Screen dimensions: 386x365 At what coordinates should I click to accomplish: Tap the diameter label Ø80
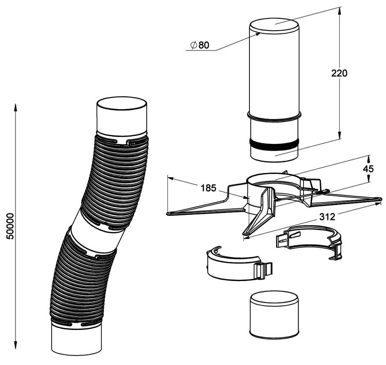200,45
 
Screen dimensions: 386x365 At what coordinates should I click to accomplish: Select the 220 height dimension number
339,73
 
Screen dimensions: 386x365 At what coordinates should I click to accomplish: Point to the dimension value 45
368,169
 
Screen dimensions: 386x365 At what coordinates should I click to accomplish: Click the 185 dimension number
208,188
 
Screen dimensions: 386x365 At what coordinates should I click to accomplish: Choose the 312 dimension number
327,216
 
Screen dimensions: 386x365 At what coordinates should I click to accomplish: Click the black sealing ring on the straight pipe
274,144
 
